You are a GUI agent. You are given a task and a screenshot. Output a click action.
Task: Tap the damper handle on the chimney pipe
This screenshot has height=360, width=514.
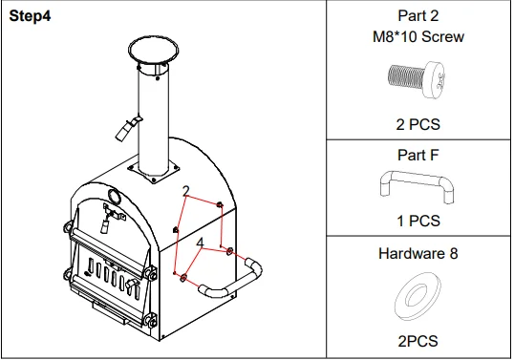click(x=125, y=126)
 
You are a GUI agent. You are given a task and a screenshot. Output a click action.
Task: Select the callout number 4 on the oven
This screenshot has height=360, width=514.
click(x=199, y=244)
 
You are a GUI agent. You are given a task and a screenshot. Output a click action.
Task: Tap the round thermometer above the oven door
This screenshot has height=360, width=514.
click(x=114, y=199)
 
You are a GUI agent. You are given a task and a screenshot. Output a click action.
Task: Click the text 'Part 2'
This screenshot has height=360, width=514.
click(x=418, y=15)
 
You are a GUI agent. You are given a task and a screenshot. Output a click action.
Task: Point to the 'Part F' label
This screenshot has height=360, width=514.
click(x=418, y=154)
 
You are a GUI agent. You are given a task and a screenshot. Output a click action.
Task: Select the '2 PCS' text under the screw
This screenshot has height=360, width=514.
click(x=418, y=123)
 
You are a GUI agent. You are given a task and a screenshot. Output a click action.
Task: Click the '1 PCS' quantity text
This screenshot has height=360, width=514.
click(x=418, y=221)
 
